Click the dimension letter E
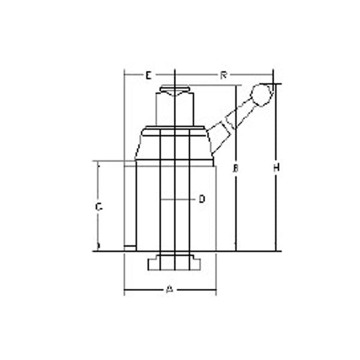[148, 75]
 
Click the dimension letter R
[223, 75]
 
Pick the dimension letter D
[202, 198]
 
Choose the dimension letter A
[170, 290]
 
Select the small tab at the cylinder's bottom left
[129, 247]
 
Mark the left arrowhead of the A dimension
[126, 292]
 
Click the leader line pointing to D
[180, 198]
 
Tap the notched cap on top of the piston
[175, 92]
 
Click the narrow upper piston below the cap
[175, 111]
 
